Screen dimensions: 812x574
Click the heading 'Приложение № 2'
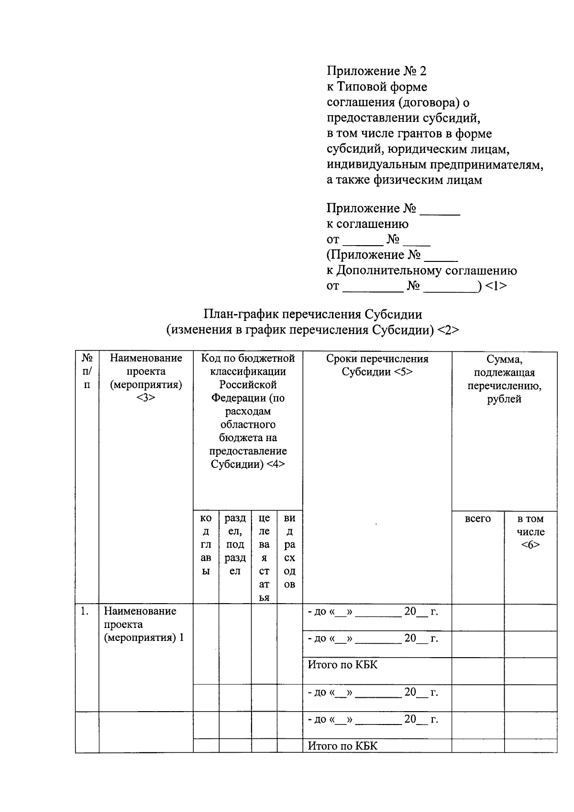[x=376, y=71]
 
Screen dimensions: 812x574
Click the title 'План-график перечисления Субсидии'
[x=313, y=314]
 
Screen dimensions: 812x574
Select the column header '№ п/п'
[x=87, y=371]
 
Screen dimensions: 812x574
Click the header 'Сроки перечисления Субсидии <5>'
[x=377, y=365]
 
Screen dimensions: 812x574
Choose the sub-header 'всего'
[x=477, y=519]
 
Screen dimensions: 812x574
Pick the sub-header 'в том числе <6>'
[x=530, y=531]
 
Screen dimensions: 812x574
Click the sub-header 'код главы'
[x=206, y=544]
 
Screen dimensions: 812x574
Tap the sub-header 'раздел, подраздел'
[x=235, y=544]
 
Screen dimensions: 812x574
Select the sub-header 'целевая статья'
[x=264, y=557]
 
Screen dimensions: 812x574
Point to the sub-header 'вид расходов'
[x=289, y=551]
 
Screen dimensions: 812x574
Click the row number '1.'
[x=85, y=611]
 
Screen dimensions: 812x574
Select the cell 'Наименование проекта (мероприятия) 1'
[x=144, y=624]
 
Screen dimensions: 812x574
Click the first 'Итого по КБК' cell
[x=342, y=665]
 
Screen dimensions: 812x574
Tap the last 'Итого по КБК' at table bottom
[x=342, y=746]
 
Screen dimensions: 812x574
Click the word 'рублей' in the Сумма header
[x=504, y=399]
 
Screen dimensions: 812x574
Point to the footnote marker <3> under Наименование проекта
[x=145, y=398]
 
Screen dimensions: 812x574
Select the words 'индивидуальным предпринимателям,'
[x=435, y=165]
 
